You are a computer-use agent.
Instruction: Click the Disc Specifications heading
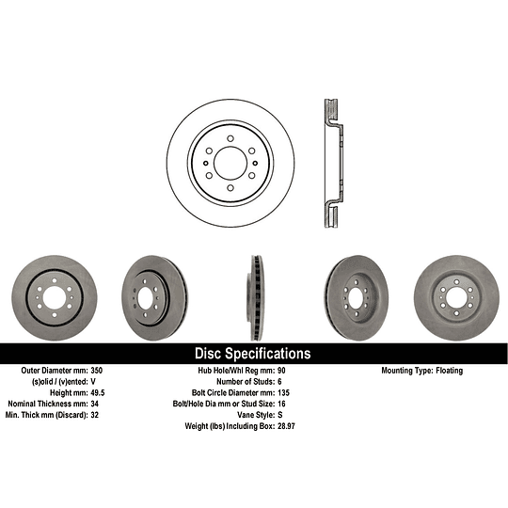252,354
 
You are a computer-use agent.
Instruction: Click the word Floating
448,371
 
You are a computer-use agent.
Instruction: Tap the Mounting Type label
405,371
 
